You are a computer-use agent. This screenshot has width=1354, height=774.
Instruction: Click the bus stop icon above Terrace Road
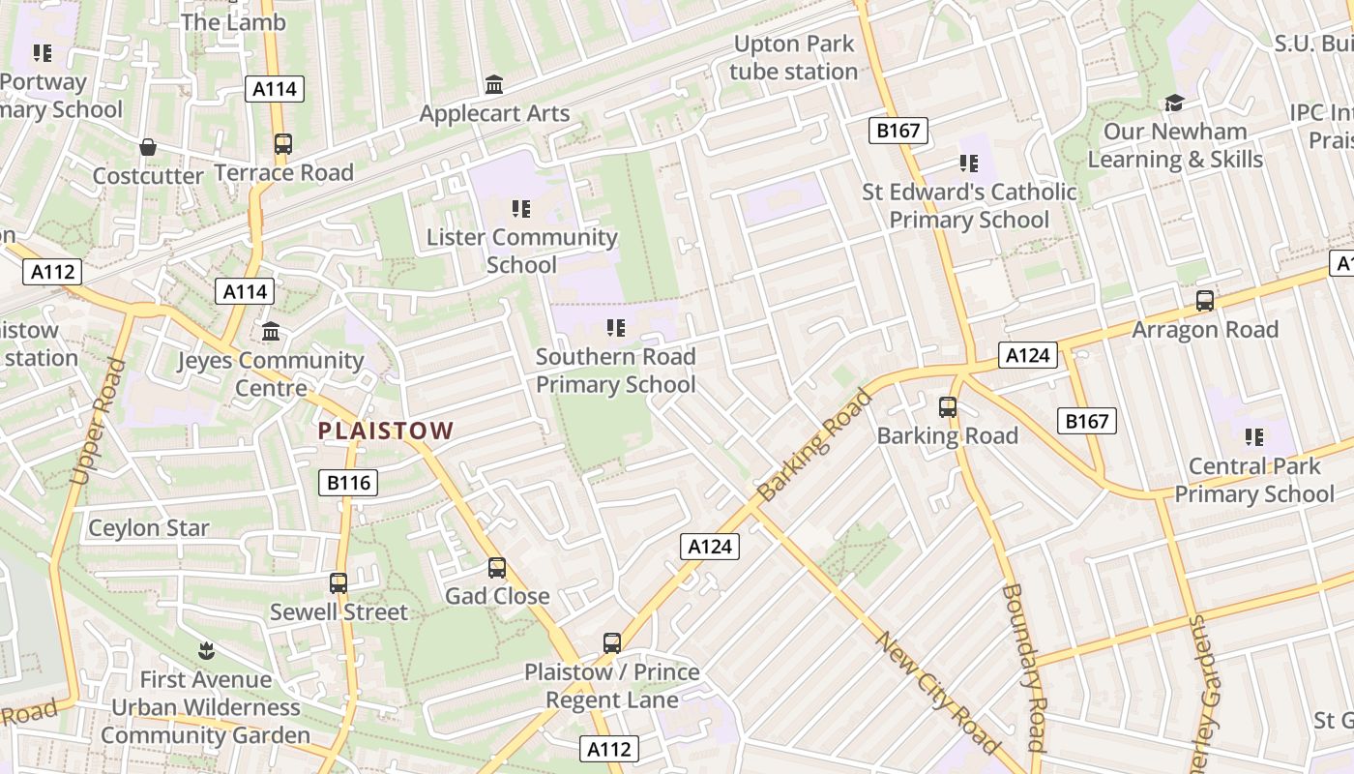(x=282, y=144)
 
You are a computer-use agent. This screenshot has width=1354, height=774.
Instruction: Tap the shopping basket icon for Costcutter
(x=148, y=147)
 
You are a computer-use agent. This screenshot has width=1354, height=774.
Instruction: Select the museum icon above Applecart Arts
(x=494, y=85)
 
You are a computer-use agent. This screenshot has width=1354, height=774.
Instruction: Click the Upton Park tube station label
(x=793, y=58)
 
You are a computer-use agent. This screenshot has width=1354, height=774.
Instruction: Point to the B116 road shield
(x=348, y=482)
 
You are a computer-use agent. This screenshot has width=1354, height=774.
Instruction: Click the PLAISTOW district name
(x=386, y=431)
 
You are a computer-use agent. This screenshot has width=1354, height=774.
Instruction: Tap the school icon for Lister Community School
(x=521, y=208)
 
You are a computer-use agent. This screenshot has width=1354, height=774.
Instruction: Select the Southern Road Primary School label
(x=616, y=371)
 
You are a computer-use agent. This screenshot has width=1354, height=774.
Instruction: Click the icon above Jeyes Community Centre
(x=271, y=332)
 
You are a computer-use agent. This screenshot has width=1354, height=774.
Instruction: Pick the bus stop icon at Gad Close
(x=497, y=568)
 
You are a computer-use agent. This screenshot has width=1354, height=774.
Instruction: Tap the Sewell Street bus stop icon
(x=338, y=583)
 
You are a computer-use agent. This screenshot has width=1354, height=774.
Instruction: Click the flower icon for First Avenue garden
(x=205, y=650)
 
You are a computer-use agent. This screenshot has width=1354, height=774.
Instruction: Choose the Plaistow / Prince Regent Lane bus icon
(x=611, y=643)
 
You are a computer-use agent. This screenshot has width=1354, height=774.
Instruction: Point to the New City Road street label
(x=937, y=691)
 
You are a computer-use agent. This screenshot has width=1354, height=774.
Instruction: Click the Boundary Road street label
(x=1024, y=668)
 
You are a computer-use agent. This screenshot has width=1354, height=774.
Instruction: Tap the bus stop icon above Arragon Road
(x=1204, y=301)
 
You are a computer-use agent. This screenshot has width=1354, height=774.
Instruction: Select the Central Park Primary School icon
(x=1254, y=437)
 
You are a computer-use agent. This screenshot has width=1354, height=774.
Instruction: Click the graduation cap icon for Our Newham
(x=1174, y=103)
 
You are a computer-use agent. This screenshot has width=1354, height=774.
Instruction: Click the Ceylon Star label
(x=149, y=528)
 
